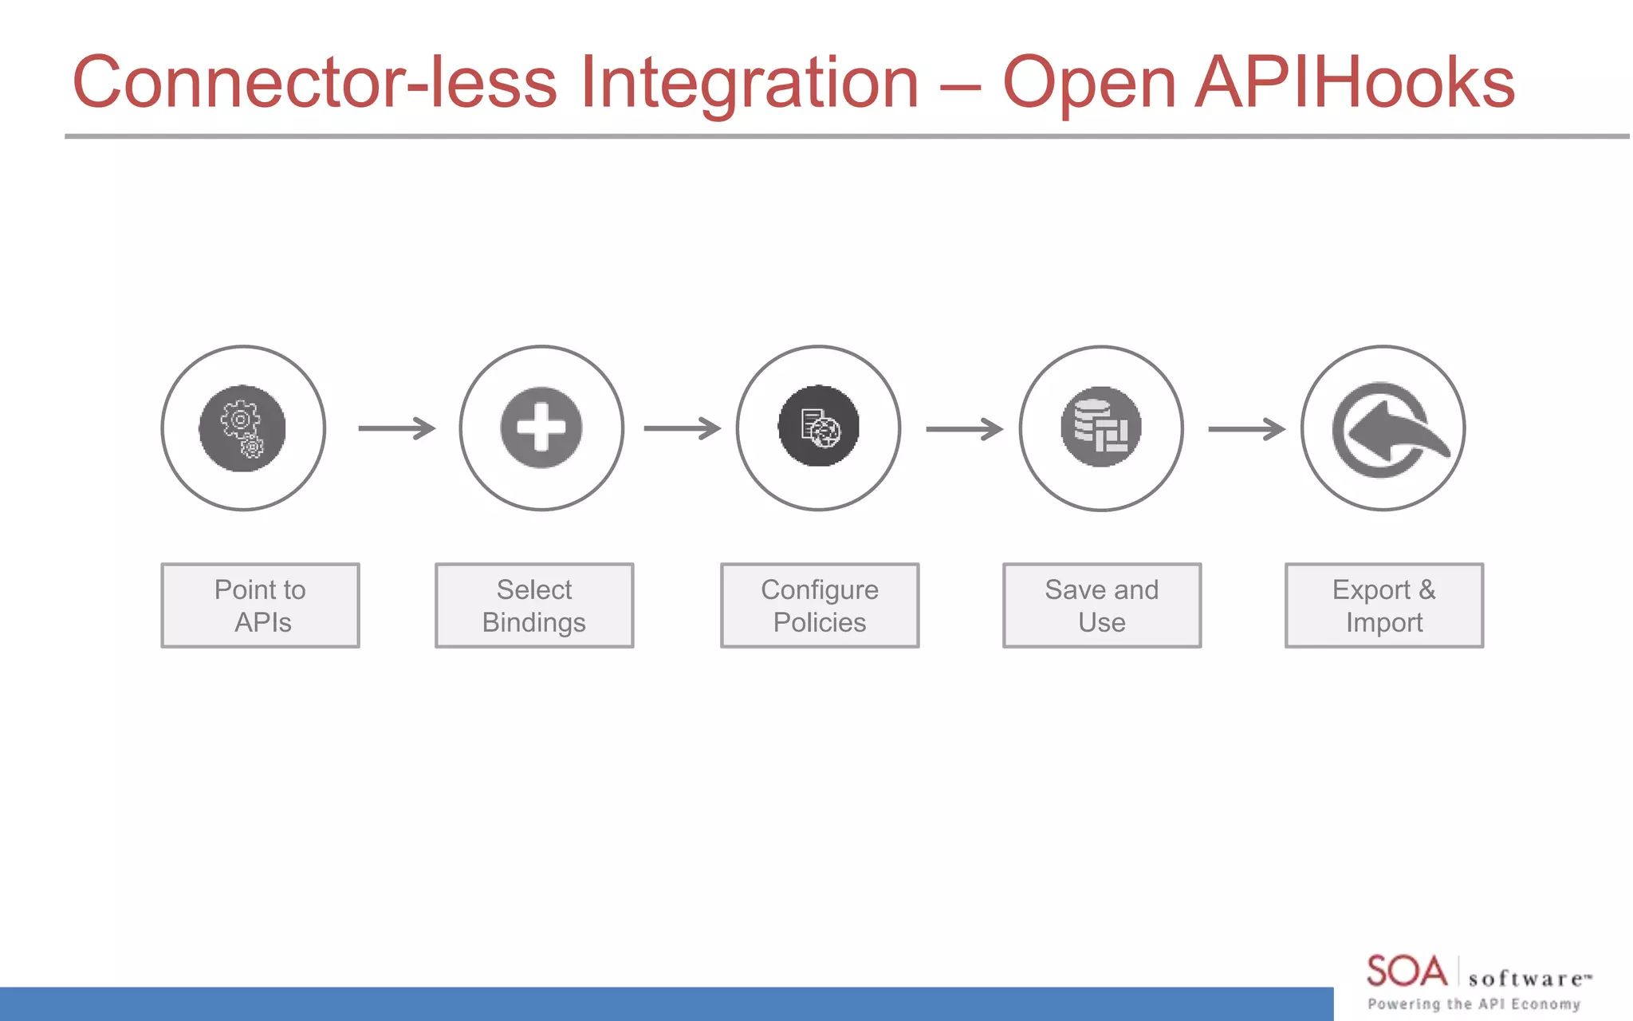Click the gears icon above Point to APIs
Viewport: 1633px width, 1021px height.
(242, 428)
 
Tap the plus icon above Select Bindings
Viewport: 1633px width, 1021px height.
(541, 428)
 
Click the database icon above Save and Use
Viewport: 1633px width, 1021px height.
(1101, 428)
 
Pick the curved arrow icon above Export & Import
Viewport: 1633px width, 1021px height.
(1384, 429)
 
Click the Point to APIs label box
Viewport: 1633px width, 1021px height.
(260, 605)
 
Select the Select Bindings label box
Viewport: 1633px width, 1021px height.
(534, 605)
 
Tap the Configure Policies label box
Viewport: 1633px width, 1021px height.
(820, 605)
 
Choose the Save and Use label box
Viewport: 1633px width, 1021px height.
(1102, 605)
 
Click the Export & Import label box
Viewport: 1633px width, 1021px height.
(1384, 605)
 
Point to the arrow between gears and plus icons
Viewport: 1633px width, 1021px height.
(397, 428)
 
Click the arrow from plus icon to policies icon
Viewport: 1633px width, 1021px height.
(682, 428)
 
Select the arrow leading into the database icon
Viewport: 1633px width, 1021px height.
(964, 429)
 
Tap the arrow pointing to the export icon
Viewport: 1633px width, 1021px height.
(1246, 429)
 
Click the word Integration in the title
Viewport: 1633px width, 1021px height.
(750, 84)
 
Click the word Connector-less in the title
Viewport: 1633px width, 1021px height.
(314, 82)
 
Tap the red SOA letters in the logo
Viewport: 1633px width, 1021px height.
(1407, 972)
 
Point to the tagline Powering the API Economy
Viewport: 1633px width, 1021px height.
(1474, 1004)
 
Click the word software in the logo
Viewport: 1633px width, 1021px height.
(1525, 979)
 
